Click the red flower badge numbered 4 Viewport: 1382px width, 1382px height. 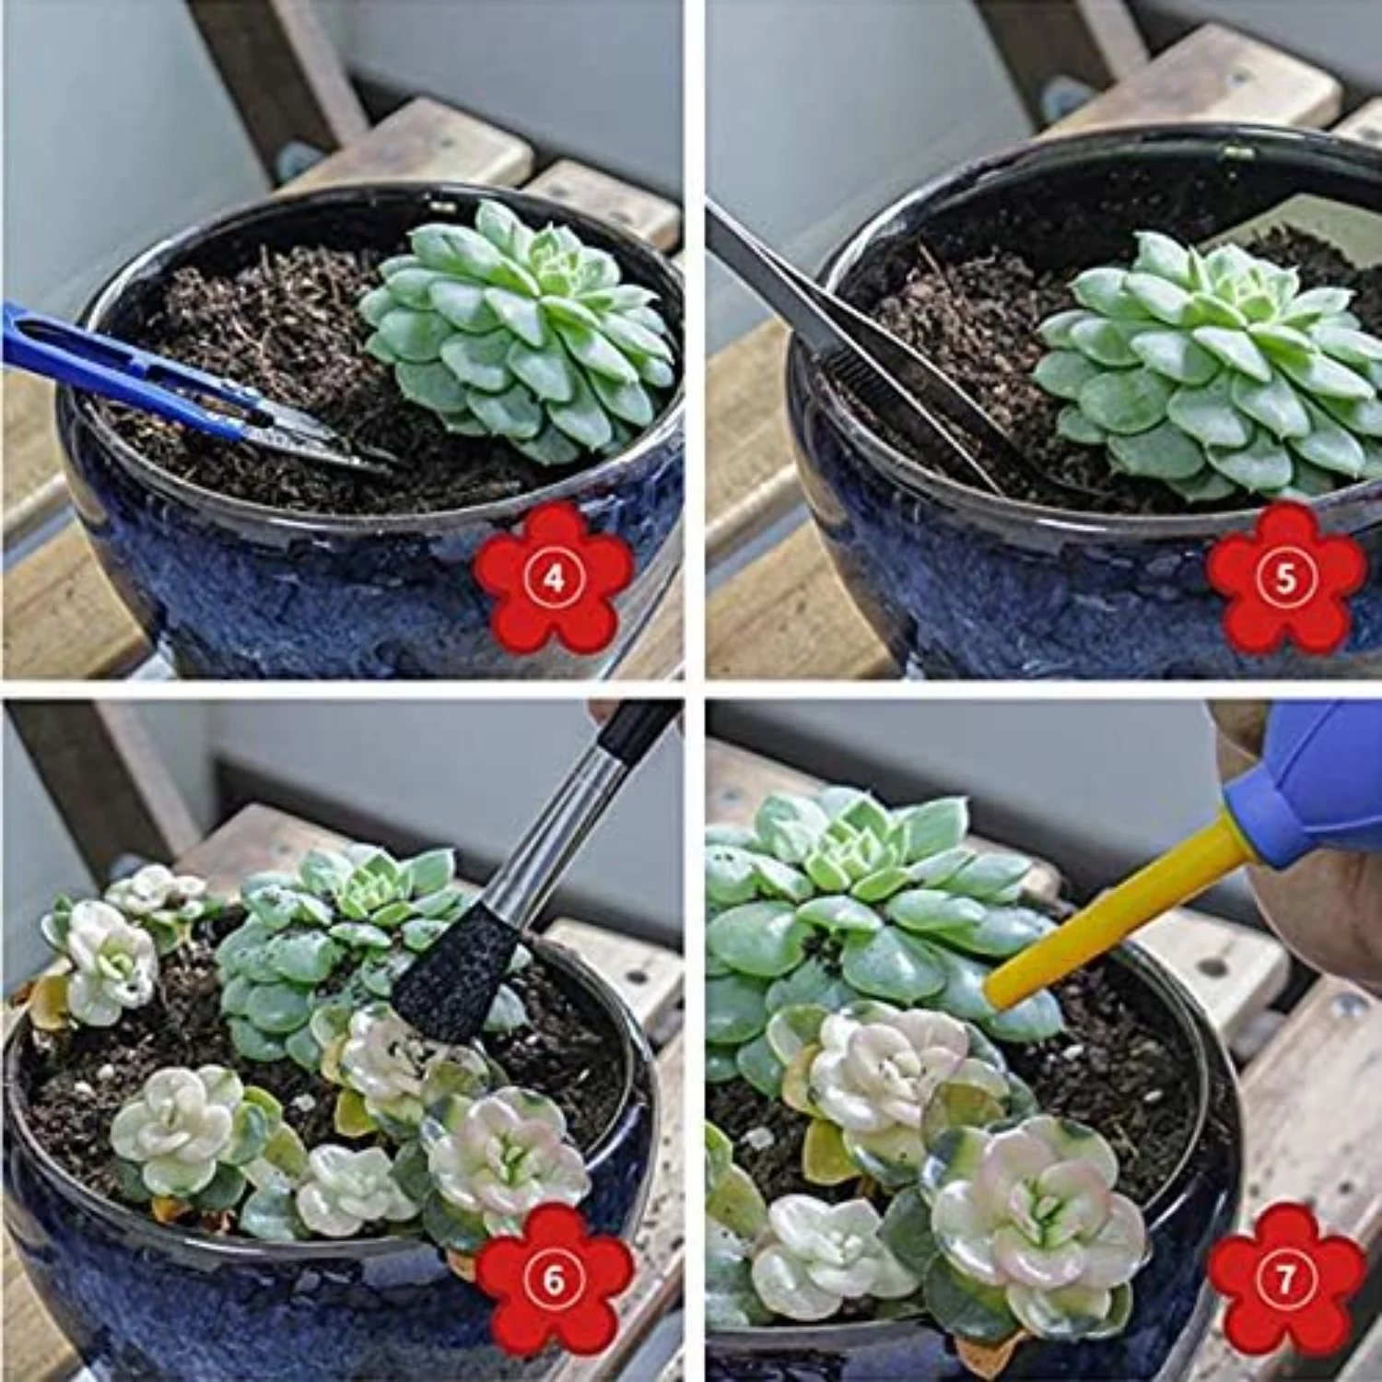pyautogui.click(x=553, y=579)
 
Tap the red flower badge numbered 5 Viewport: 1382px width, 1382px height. pyautogui.click(x=1285, y=579)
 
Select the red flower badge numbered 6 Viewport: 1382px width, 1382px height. pyautogui.click(x=553, y=1281)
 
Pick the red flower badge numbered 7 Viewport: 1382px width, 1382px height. pyautogui.click(x=1285, y=1281)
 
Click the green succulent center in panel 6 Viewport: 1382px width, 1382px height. pyautogui.click(x=369, y=884)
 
